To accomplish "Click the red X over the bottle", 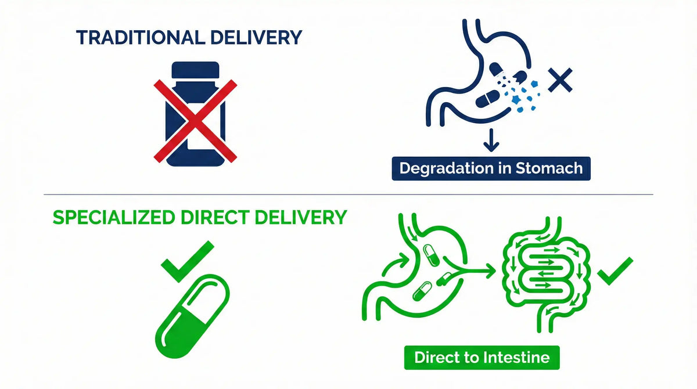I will (x=195, y=121).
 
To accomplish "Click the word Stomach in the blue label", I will (x=549, y=168).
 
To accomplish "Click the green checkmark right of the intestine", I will (x=616, y=270).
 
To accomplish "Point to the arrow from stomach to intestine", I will (x=473, y=269).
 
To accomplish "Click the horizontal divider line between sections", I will (x=348, y=195).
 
